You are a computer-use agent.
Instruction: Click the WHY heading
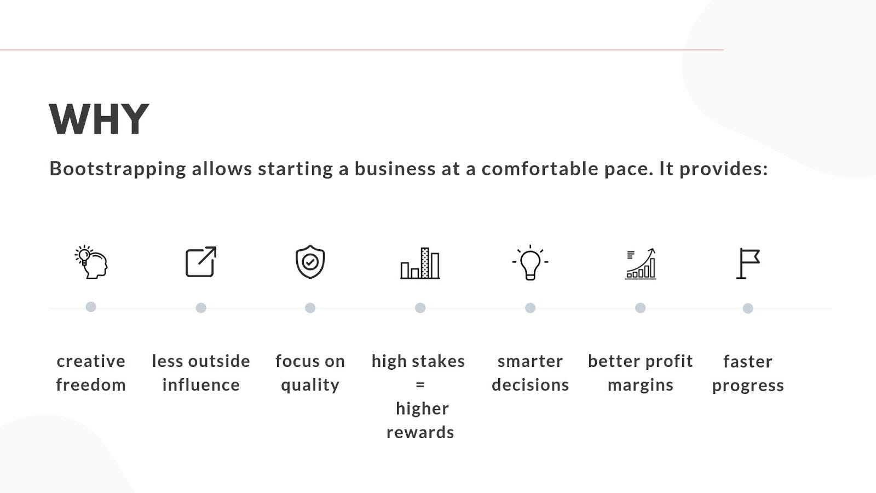[x=99, y=119]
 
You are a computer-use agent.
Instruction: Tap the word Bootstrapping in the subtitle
[x=118, y=169]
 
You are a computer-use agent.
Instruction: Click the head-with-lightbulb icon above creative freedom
[x=91, y=262]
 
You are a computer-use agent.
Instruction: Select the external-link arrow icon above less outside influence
[x=201, y=262]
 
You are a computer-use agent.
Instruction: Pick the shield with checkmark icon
[x=310, y=262]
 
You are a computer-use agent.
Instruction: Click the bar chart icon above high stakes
[x=420, y=263]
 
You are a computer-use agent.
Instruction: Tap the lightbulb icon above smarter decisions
[x=530, y=262]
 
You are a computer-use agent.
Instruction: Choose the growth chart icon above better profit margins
[x=641, y=263]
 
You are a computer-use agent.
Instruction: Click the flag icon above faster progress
[x=748, y=263]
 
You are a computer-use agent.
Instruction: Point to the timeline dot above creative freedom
[x=91, y=307]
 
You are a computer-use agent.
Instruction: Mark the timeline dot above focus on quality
[x=310, y=308]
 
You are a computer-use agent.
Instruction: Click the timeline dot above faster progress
[x=748, y=308]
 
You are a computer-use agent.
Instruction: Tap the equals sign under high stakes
[x=420, y=385]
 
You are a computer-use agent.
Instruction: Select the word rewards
[x=420, y=432]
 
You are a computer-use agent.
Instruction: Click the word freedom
[x=91, y=385]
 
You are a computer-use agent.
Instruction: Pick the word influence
[x=201, y=385]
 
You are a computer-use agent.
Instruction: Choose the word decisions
[x=530, y=385]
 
